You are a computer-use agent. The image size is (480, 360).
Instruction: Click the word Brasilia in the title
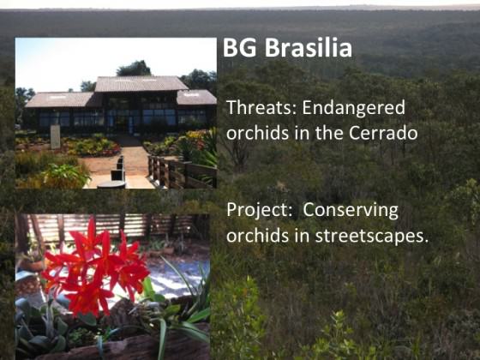(309, 47)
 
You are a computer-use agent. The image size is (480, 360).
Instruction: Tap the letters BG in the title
(239, 48)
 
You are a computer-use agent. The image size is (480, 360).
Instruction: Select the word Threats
(261, 107)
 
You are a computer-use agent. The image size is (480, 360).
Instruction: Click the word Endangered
(354, 109)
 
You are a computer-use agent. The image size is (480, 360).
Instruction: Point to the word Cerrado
(383, 133)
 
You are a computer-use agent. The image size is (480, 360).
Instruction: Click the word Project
(260, 211)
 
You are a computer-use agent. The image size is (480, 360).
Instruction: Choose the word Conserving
(351, 211)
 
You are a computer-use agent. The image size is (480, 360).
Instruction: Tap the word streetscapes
(372, 237)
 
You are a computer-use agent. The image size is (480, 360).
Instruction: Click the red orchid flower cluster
(95, 270)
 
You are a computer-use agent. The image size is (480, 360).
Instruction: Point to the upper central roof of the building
(141, 84)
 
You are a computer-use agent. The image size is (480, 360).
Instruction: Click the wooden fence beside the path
(182, 171)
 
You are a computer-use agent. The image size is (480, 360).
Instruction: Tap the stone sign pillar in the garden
(56, 136)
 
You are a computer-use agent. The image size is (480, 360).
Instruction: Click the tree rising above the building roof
(134, 69)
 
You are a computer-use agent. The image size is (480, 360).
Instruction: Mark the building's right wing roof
(196, 98)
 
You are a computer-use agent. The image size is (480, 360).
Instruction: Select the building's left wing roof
(60, 99)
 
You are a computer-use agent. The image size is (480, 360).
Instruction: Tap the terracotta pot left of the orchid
(33, 264)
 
